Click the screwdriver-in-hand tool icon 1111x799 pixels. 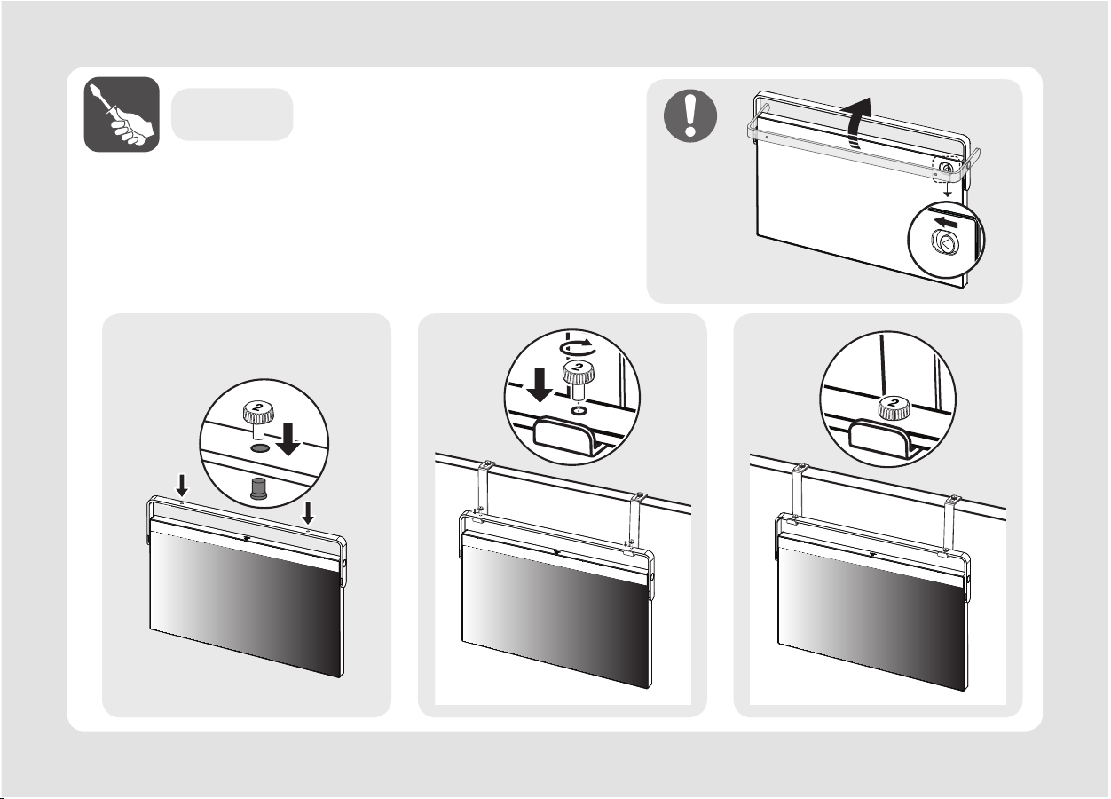tap(122, 115)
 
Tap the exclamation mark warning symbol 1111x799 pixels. tap(689, 115)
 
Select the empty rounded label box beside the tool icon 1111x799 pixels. tap(232, 115)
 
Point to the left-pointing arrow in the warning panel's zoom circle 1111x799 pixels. tap(945, 222)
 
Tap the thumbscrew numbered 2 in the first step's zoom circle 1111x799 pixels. tap(258, 419)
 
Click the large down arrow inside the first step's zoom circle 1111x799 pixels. tap(288, 439)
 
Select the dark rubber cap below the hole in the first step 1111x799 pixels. tap(258, 488)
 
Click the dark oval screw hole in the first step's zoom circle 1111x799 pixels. tap(260, 448)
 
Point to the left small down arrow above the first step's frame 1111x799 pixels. tap(183, 486)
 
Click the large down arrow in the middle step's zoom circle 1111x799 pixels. tap(540, 385)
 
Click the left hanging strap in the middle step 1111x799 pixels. tap(484, 490)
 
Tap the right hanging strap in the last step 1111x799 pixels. tap(950, 524)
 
